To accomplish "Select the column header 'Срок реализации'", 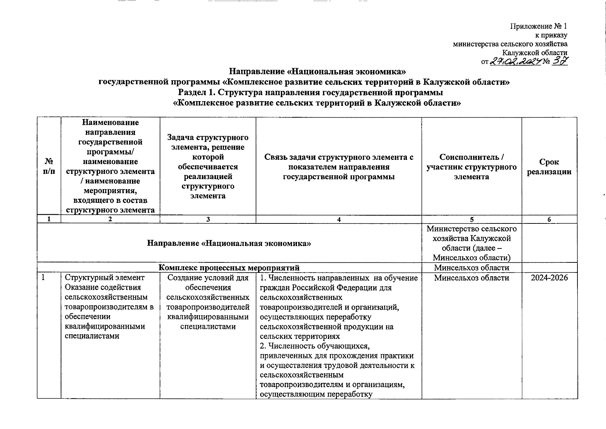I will point(549,167).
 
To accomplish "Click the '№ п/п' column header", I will point(49,167).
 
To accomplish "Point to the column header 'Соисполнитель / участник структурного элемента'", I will point(471,167).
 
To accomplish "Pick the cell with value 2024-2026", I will point(549,278).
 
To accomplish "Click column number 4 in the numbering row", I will point(339,220).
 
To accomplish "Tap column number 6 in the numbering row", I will point(549,220).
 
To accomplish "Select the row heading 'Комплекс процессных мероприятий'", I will point(229,268).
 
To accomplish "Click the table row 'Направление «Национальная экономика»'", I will point(229,243).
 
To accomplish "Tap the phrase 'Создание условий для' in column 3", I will point(208,278).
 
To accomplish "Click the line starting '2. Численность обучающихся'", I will point(314,346).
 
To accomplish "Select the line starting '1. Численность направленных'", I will point(339,278).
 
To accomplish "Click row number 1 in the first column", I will point(43,278).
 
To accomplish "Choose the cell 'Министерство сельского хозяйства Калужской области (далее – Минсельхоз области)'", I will point(471,243).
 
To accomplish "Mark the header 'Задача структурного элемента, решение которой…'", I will point(208,167).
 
